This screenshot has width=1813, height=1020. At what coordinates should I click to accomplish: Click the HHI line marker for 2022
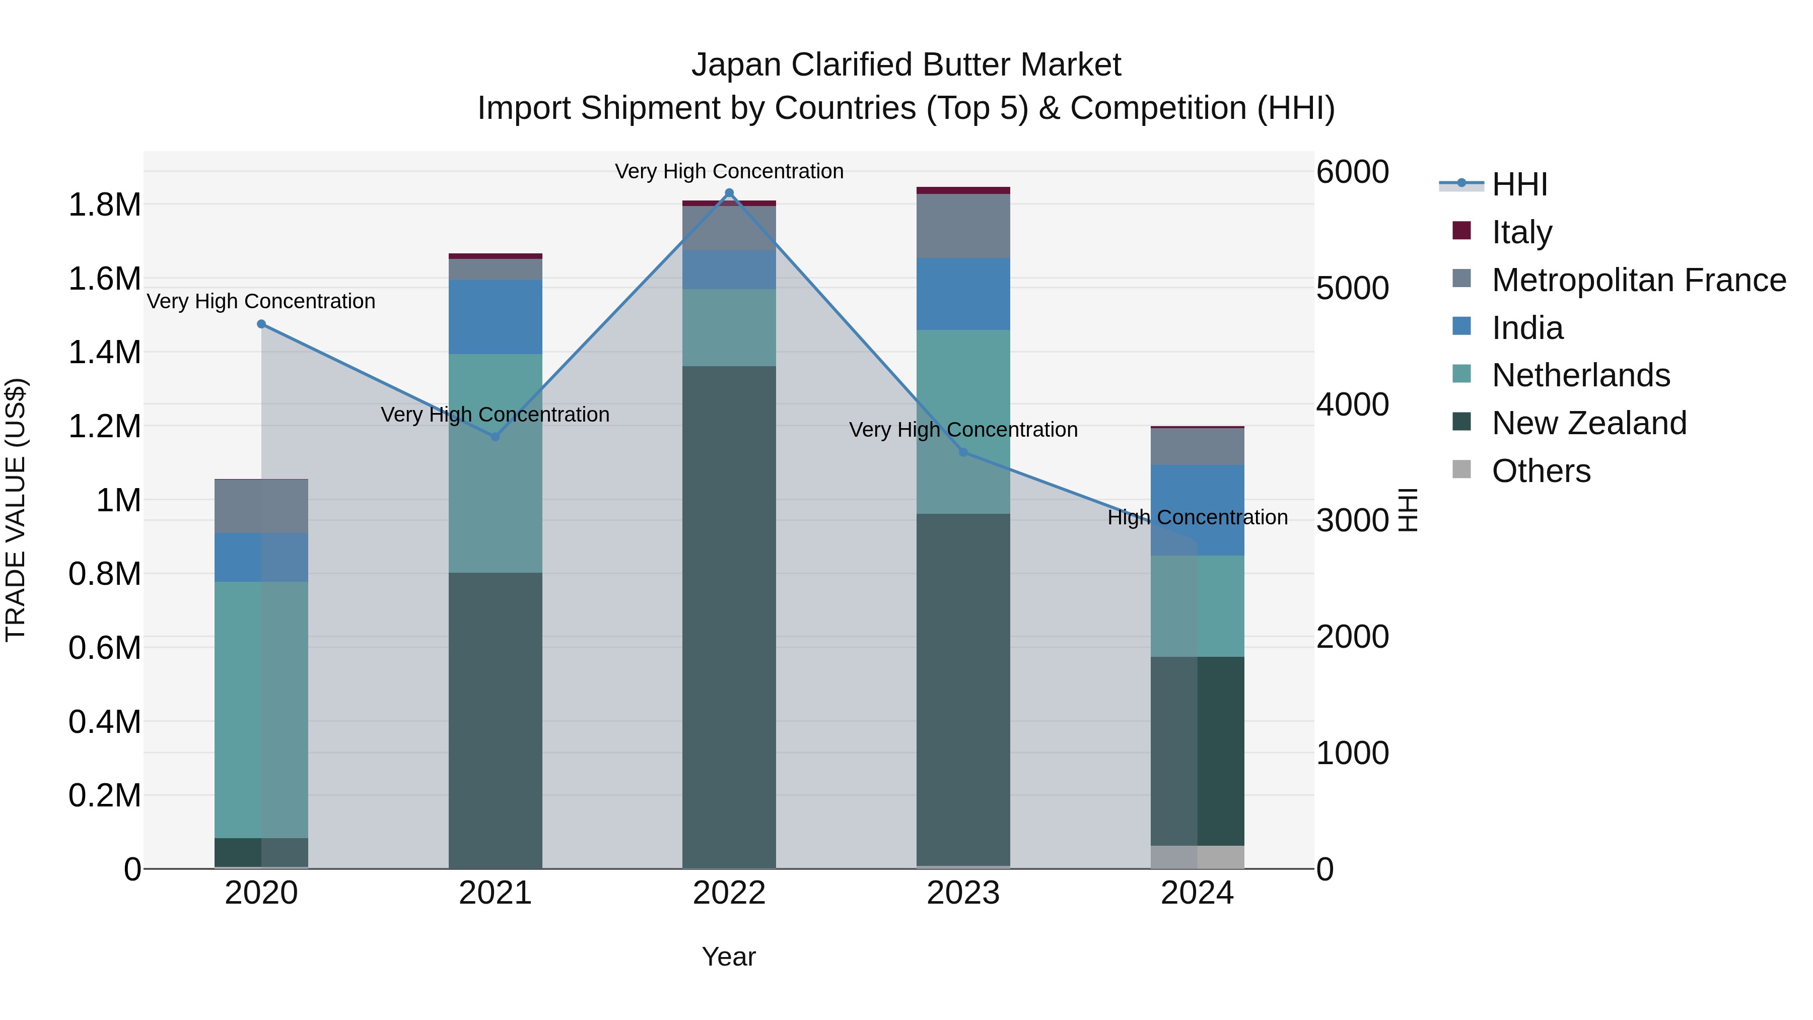(x=729, y=193)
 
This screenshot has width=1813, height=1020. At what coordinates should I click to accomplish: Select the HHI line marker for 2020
(x=261, y=324)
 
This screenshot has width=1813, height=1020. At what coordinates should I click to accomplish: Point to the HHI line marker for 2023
(x=963, y=452)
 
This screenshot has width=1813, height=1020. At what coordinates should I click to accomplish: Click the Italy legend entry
(x=1521, y=232)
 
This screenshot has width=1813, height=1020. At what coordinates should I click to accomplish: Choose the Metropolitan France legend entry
(x=1638, y=280)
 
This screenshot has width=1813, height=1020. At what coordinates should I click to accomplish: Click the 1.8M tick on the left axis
(x=104, y=205)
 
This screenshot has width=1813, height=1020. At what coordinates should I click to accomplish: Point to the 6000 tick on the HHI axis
(x=1352, y=172)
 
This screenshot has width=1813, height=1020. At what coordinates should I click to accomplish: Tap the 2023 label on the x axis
(x=963, y=893)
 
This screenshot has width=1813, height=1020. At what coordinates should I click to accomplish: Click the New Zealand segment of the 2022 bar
(x=729, y=616)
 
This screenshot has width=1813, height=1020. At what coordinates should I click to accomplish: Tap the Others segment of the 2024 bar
(x=1197, y=857)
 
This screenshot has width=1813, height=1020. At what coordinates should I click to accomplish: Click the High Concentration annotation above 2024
(x=1197, y=517)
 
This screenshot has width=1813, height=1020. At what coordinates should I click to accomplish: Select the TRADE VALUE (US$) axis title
(x=16, y=510)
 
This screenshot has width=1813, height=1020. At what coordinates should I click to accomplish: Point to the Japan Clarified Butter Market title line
(x=906, y=65)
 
